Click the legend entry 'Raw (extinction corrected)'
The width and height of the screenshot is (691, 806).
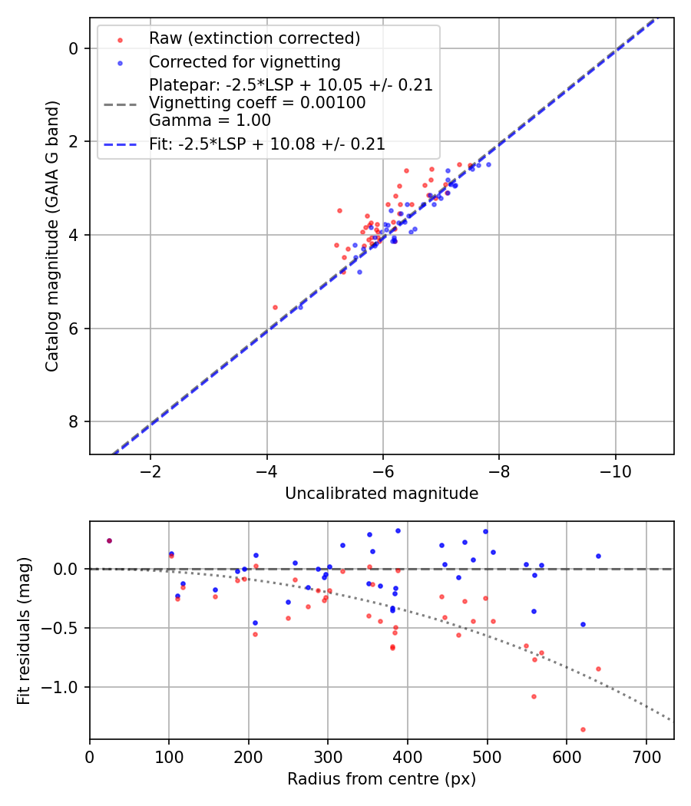(254, 38)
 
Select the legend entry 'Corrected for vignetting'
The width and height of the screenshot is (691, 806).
(244, 61)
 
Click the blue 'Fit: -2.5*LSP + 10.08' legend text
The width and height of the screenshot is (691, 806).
(266, 144)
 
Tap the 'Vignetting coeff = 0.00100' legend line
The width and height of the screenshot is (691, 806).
(257, 103)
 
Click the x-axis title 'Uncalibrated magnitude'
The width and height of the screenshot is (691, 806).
(382, 494)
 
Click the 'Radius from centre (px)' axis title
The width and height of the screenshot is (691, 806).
(382, 779)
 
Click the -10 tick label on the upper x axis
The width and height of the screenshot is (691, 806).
(615, 471)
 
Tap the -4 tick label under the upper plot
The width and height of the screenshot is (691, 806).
(267, 471)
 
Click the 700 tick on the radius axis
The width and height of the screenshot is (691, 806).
(646, 756)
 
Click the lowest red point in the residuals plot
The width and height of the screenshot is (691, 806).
(583, 729)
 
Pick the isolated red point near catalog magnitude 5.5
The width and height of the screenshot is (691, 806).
(275, 307)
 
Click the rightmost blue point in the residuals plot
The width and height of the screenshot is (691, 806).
(598, 556)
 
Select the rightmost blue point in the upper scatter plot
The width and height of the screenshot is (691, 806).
(488, 164)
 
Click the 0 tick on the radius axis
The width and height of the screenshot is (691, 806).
(90, 756)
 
